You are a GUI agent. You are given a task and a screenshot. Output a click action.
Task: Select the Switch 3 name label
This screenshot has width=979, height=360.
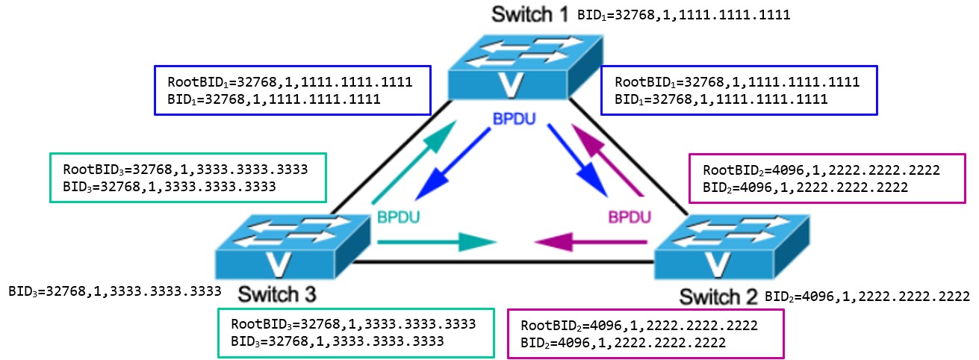click(277, 292)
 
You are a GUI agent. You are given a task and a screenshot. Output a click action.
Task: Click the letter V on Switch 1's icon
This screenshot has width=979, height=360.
click(509, 84)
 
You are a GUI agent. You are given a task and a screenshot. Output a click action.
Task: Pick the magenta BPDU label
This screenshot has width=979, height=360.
click(630, 218)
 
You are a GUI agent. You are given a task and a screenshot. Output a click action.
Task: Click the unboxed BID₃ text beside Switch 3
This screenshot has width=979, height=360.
click(115, 291)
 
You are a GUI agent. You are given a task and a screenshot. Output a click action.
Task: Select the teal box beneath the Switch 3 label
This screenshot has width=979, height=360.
click(355, 333)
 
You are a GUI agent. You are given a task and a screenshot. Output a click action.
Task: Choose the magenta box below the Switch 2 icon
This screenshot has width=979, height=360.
click(645, 334)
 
